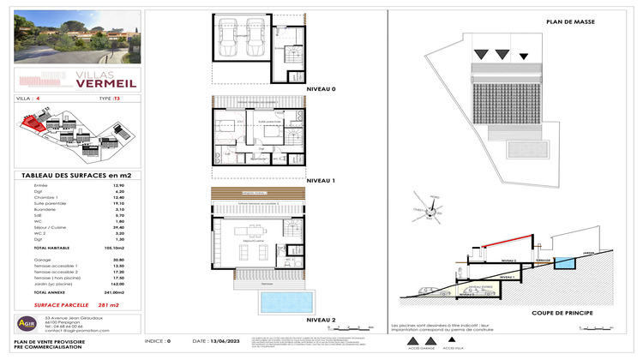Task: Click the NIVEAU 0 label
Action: pyautogui.click(x=322, y=89)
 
